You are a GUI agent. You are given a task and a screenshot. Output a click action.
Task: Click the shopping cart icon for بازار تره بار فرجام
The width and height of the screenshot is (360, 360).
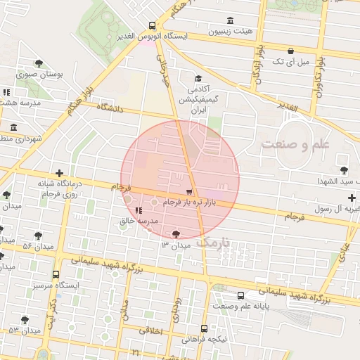[x=188, y=192]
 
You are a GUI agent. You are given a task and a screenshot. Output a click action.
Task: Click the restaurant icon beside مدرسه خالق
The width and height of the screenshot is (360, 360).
[x=128, y=211]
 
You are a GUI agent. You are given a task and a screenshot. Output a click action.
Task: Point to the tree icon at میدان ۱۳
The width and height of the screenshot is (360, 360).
[x=175, y=234]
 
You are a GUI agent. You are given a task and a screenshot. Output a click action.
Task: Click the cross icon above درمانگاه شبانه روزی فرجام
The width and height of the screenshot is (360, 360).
[x=60, y=173]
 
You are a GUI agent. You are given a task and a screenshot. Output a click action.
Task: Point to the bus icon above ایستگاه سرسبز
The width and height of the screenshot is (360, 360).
[x=56, y=275]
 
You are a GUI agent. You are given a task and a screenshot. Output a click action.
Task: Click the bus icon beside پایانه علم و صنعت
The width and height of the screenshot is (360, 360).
[x=241, y=295]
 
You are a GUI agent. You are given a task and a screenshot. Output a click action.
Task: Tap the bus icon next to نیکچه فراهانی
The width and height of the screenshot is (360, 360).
[x=204, y=328]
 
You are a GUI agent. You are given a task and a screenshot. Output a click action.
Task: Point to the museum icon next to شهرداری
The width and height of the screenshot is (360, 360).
[x=13, y=127]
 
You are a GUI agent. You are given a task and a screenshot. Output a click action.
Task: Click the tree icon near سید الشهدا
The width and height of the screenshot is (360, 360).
[x=343, y=169]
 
